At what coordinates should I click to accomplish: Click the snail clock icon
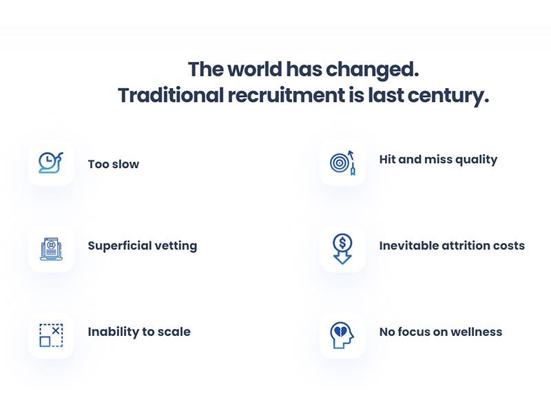coord(51,162)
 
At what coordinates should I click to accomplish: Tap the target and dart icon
coord(342,162)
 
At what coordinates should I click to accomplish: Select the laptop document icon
coord(51,249)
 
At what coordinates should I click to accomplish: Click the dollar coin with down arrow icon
coord(342,249)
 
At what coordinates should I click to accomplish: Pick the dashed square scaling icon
coord(51,335)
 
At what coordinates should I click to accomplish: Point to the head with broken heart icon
coord(342,335)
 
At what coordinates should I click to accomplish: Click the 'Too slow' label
coord(114,164)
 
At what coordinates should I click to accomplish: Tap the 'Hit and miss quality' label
coord(438,160)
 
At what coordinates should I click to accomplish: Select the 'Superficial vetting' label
coord(143,246)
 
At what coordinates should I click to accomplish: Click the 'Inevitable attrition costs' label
coord(452,246)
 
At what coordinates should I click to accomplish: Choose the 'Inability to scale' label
coord(139,332)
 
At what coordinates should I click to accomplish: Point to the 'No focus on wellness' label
coord(441,332)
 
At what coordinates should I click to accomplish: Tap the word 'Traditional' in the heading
coord(171,95)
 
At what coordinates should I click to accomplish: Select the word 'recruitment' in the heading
coord(287,95)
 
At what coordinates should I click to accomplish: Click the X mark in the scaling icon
coord(56,331)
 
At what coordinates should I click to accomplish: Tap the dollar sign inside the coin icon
coord(342,243)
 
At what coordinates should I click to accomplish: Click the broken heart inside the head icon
coord(340,332)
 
